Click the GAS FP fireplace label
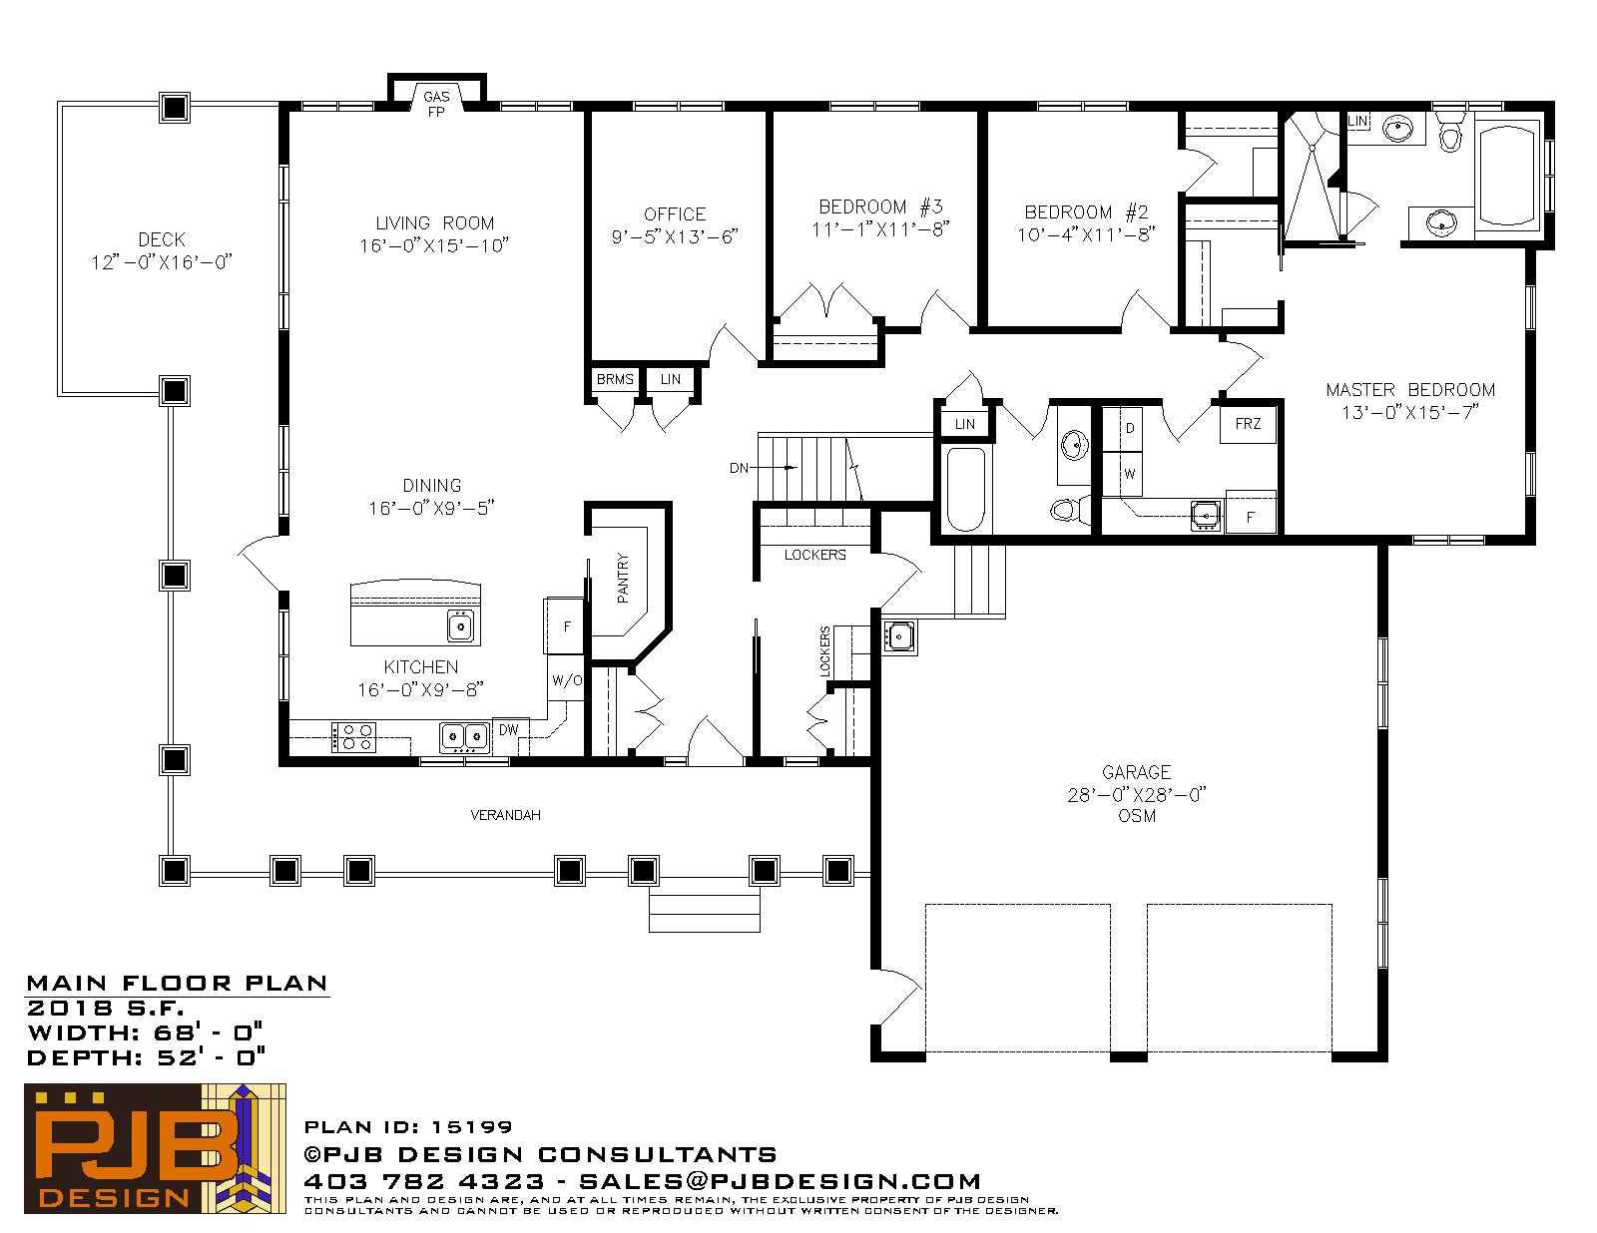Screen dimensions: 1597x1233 (436, 104)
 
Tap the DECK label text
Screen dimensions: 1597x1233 (162, 240)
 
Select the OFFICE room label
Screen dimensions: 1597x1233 (675, 214)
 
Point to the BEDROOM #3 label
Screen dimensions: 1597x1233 (880, 207)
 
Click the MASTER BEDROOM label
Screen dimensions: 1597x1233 (1410, 390)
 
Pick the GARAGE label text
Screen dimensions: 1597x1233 (1136, 772)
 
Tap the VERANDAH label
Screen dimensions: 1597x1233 (506, 815)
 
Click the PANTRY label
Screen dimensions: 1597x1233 (623, 578)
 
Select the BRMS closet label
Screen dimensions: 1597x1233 (615, 380)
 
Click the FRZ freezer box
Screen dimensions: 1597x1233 (1248, 424)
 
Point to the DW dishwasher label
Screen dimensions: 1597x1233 (509, 730)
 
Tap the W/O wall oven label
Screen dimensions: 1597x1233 (567, 680)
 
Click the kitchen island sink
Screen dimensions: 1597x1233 (461, 626)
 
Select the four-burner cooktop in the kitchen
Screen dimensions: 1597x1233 (354, 737)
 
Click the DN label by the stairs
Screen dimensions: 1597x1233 (739, 468)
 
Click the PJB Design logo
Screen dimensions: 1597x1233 (155, 1148)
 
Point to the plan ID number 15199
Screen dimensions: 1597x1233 (471, 1127)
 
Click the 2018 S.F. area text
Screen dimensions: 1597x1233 (106, 1008)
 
